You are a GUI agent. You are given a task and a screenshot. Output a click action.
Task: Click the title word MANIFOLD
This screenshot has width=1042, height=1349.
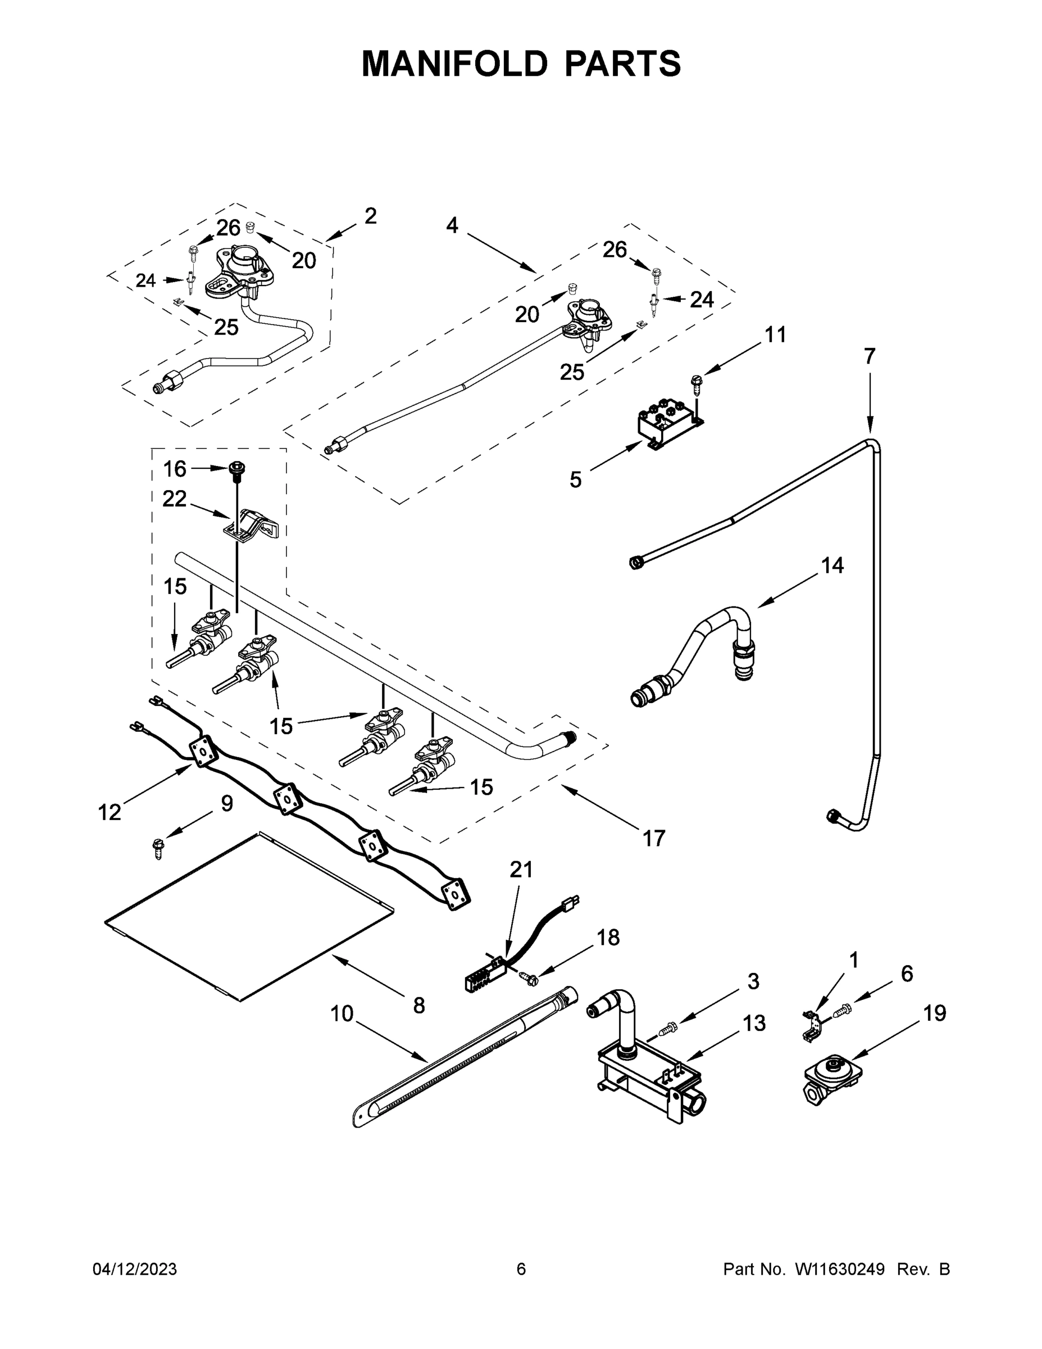point(454,64)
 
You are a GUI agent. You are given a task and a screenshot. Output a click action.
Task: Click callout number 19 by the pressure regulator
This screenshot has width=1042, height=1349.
point(935,1013)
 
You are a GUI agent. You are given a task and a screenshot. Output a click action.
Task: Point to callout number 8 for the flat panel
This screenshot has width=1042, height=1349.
point(418,1006)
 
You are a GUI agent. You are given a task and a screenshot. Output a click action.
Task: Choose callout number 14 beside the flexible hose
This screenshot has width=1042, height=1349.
point(831,565)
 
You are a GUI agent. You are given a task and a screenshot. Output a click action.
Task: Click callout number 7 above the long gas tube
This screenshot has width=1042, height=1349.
point(869,356)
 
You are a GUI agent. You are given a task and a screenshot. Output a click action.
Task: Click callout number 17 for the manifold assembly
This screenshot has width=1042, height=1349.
point(654,838)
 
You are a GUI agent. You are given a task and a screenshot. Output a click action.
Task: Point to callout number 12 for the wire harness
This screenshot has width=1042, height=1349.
point(110,813)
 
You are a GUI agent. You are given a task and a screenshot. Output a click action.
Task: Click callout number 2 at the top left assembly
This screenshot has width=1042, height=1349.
point(370,216)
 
